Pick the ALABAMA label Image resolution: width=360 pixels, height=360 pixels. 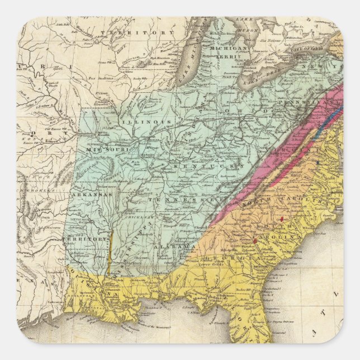click(177, 246)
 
